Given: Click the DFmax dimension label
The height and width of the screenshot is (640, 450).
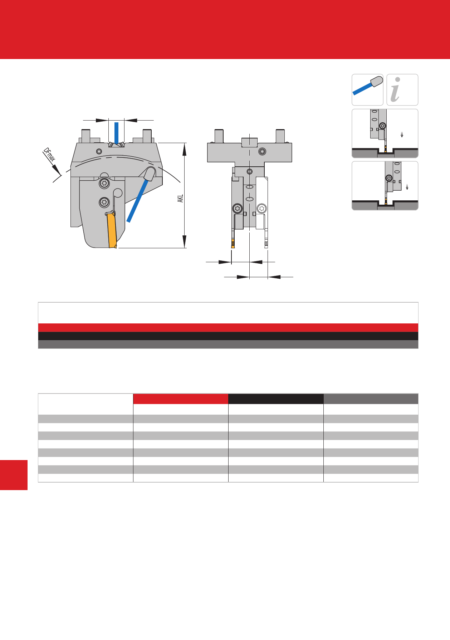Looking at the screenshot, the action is [x=49, y=155].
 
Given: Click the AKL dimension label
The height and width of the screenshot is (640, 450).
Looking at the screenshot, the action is [x=181, y=199].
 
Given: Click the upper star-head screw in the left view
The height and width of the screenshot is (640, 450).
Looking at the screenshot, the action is [x=104, y=183].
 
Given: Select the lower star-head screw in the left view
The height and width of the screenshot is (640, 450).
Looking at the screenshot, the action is [x=104, y=202].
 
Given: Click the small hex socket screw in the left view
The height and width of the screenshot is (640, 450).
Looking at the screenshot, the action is [x=99, y=151].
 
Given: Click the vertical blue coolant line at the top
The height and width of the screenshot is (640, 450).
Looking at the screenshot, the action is [x=116, y=133].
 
